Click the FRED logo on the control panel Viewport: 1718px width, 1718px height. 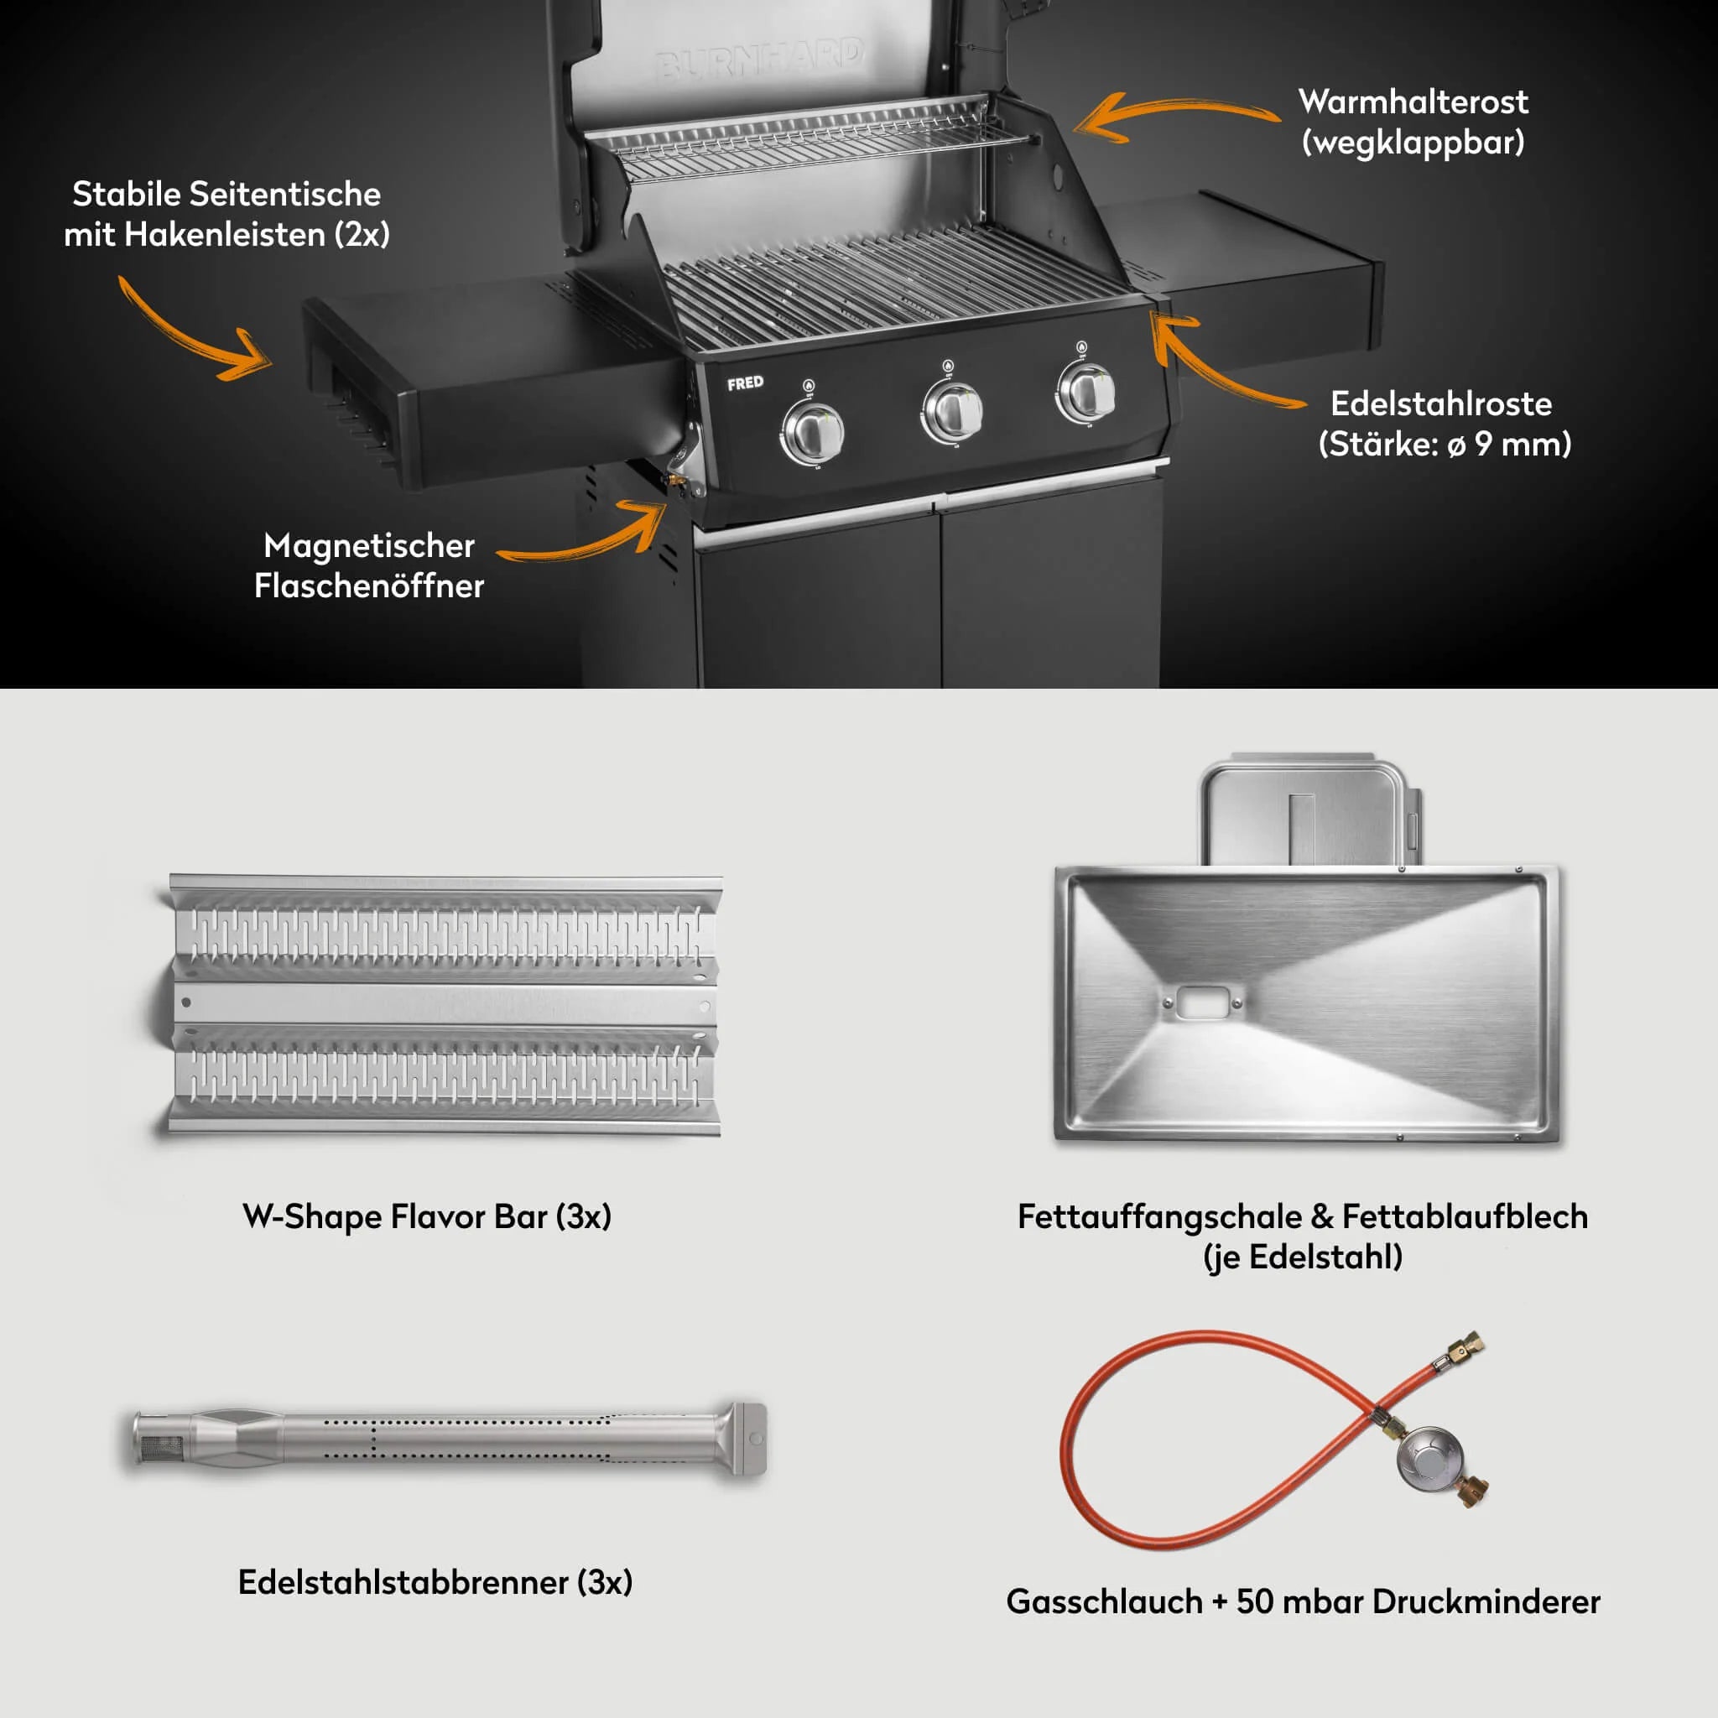coord(745,383)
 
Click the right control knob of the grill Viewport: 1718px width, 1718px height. coord(1086,392)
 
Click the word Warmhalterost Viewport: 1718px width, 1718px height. coord(1413,102)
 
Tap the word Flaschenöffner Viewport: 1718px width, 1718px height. coord(369,586)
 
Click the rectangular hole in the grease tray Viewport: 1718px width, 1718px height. coord(1202,1002)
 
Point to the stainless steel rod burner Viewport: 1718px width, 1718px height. coord(449,1438)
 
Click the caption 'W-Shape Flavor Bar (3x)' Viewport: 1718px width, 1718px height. coord(427,1216)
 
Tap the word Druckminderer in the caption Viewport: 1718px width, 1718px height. coord(1486,1601)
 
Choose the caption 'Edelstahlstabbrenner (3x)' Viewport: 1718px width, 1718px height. coord(435,1582)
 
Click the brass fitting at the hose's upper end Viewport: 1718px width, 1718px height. coord(1462,1348)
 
